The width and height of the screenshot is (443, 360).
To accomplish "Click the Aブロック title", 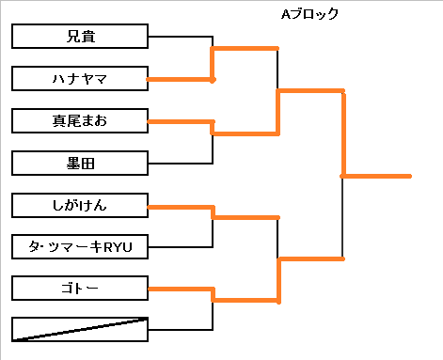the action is [x=309, y=14].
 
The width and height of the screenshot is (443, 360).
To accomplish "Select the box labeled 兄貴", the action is [x=80, y=37].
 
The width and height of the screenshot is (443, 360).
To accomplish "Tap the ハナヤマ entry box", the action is [x=80, y=79].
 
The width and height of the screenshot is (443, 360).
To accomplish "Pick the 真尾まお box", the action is [x=80, y=121].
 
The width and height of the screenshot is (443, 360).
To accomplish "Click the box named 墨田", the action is [x=80, y=164].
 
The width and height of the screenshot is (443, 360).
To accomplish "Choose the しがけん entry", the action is [x=80, y=206].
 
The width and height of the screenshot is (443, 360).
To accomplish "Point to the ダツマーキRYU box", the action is [x=80, y=247].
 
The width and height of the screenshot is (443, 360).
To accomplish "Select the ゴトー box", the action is [x=80, y=289].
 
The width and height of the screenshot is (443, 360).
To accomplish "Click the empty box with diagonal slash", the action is [x=80, y=329].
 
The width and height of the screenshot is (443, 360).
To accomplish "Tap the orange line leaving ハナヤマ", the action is [x=180, y=80].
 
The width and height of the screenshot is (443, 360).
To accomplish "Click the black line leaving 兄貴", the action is [x=181, y=37].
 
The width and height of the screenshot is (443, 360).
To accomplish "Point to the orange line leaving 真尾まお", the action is [x=181, y=121].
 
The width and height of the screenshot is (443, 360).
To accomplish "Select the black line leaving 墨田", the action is [x=181, y=164].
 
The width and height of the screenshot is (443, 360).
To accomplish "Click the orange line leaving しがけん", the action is [x=181, y=207].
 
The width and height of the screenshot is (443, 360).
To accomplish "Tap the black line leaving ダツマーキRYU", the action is [x=181, y=247].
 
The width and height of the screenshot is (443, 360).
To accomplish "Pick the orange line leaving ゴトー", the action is [x=181, y=289].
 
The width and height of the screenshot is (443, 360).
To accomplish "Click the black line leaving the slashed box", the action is [x=181, y=330].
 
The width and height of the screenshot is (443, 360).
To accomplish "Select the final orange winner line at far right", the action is [x=376, y=177].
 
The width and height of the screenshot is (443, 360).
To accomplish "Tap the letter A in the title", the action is [x=285, y=14].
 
